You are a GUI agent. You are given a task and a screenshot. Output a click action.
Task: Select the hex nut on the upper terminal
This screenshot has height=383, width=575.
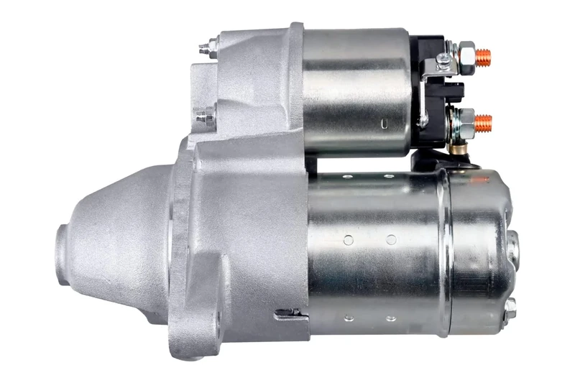(x=466, y=54)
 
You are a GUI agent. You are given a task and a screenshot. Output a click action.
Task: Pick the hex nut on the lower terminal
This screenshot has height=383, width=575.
(x=466, y=119)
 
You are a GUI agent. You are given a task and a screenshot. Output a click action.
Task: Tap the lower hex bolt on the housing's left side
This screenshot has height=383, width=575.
(x=205, y=114)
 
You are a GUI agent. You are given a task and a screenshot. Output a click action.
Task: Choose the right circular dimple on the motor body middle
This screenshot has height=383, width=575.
(x=391, y=239)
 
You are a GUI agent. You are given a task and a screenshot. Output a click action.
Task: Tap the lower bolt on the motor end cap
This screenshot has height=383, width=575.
(x=510, y=308)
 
